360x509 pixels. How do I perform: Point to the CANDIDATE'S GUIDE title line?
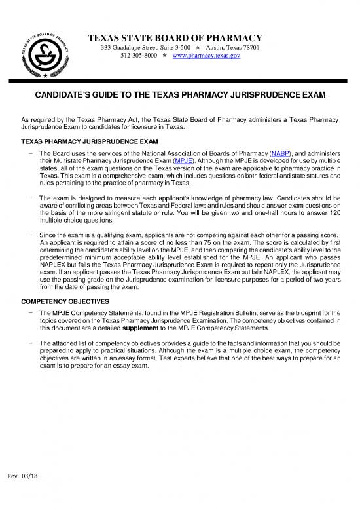[180, 96]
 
